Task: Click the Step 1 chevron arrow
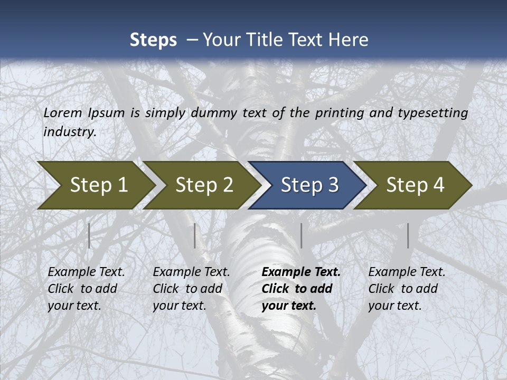pyautogui.click(x=98, y=185)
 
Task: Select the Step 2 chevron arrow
pyautogui.click(x=204, y=185)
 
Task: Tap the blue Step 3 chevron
pyautogui.click(x=309, y=185)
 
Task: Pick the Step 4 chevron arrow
pyautogui.click(x=415, y=185)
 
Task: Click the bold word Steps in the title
pyautogui.click(x=153, y=40)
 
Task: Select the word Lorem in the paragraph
pyautogui.click(x=63, y=113)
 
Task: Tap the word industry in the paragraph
pyautogui.click(x=69, y=132)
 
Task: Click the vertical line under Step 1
pyautogui.click(x=89, y=235)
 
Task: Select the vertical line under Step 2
pyautogui.click(x=195, y=235)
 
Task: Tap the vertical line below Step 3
pyautogui.click(x=301, y=235)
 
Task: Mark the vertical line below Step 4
pyautogui.click(x=408, y=235)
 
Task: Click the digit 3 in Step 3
pyautogui.click(x=333, y=185)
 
